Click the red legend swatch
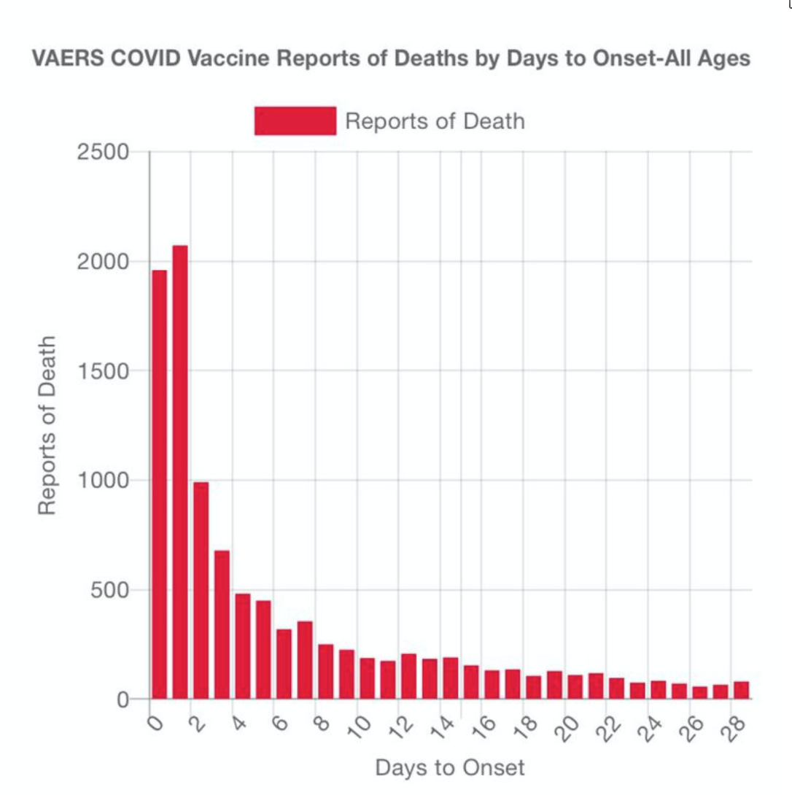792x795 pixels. [x=295, y=121]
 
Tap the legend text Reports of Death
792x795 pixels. [x=435, y=121]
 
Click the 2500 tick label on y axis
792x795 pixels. [x=103, y=152]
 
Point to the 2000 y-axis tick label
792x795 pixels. [x=103, y=262]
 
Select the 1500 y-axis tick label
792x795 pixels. [x=103, y=371]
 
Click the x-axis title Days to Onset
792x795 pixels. [x=450, y=767]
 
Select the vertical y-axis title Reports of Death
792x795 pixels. [x=47, y=425]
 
